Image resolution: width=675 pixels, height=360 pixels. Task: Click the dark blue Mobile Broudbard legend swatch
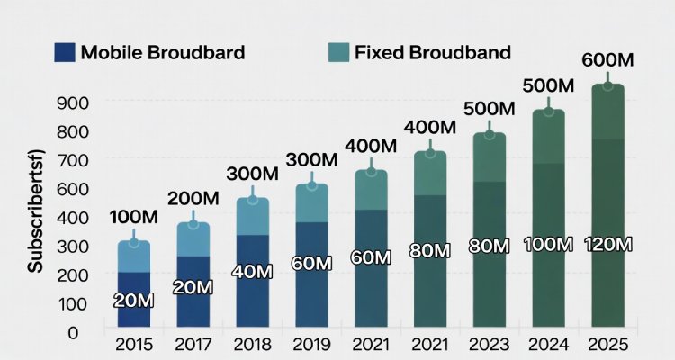pyautogui.click(x=64, y=51)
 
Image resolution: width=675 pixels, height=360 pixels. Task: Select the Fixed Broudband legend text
pyautogui.click(x=433, y=51)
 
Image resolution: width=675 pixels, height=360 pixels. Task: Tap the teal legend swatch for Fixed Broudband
pyautogui.click(x=337, y=51)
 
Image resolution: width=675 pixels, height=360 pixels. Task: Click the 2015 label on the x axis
pyautogui.click(x=134, y=345)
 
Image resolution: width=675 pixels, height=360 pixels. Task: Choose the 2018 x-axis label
pyautogui.click(x=252, y=345)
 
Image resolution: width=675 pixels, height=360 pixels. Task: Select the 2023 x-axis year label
pyautogui.click(x=488, y=345)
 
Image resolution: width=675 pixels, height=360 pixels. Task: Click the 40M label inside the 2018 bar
pyautogui.click(x=252, y=270)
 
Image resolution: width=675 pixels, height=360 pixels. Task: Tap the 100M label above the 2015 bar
pyautogui.click(x=133, y=218)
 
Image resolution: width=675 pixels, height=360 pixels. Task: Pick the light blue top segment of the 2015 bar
pyautogui.click(x=134, y=256)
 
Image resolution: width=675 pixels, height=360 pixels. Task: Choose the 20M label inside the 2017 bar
pyautogui.click(x=193, y=288)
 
